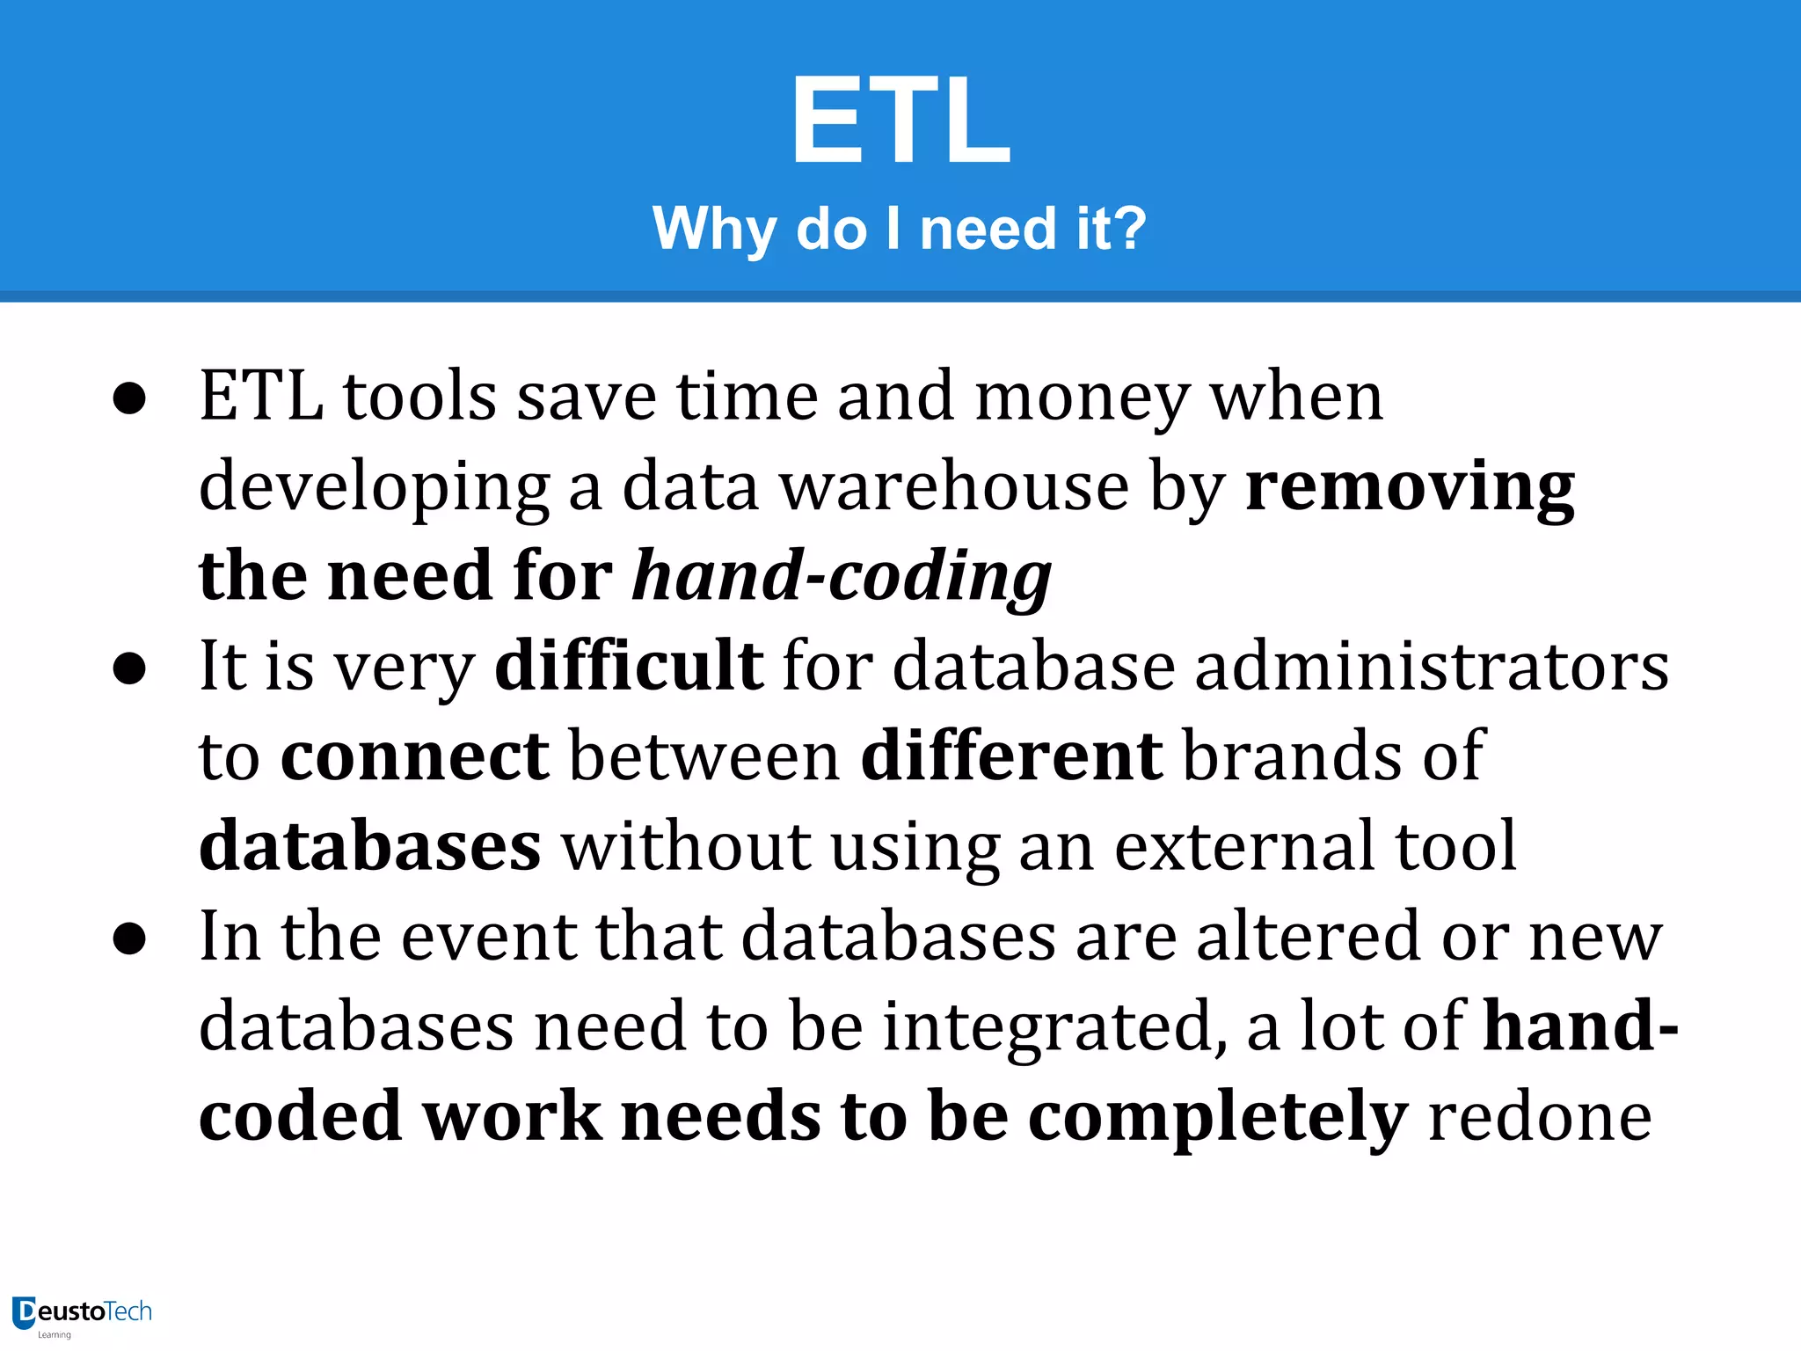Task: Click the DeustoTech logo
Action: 82,1314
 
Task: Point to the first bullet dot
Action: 129,399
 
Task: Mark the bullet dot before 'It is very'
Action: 129,668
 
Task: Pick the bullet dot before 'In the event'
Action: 129,938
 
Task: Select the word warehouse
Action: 955,487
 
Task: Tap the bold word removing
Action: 1410,487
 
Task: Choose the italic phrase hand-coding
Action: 842,577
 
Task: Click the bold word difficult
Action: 629,666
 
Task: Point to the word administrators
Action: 1432,666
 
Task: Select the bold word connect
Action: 415,756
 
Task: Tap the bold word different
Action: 1011,756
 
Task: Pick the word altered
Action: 1309,937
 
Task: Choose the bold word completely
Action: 1218,1118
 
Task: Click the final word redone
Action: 1540,1118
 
